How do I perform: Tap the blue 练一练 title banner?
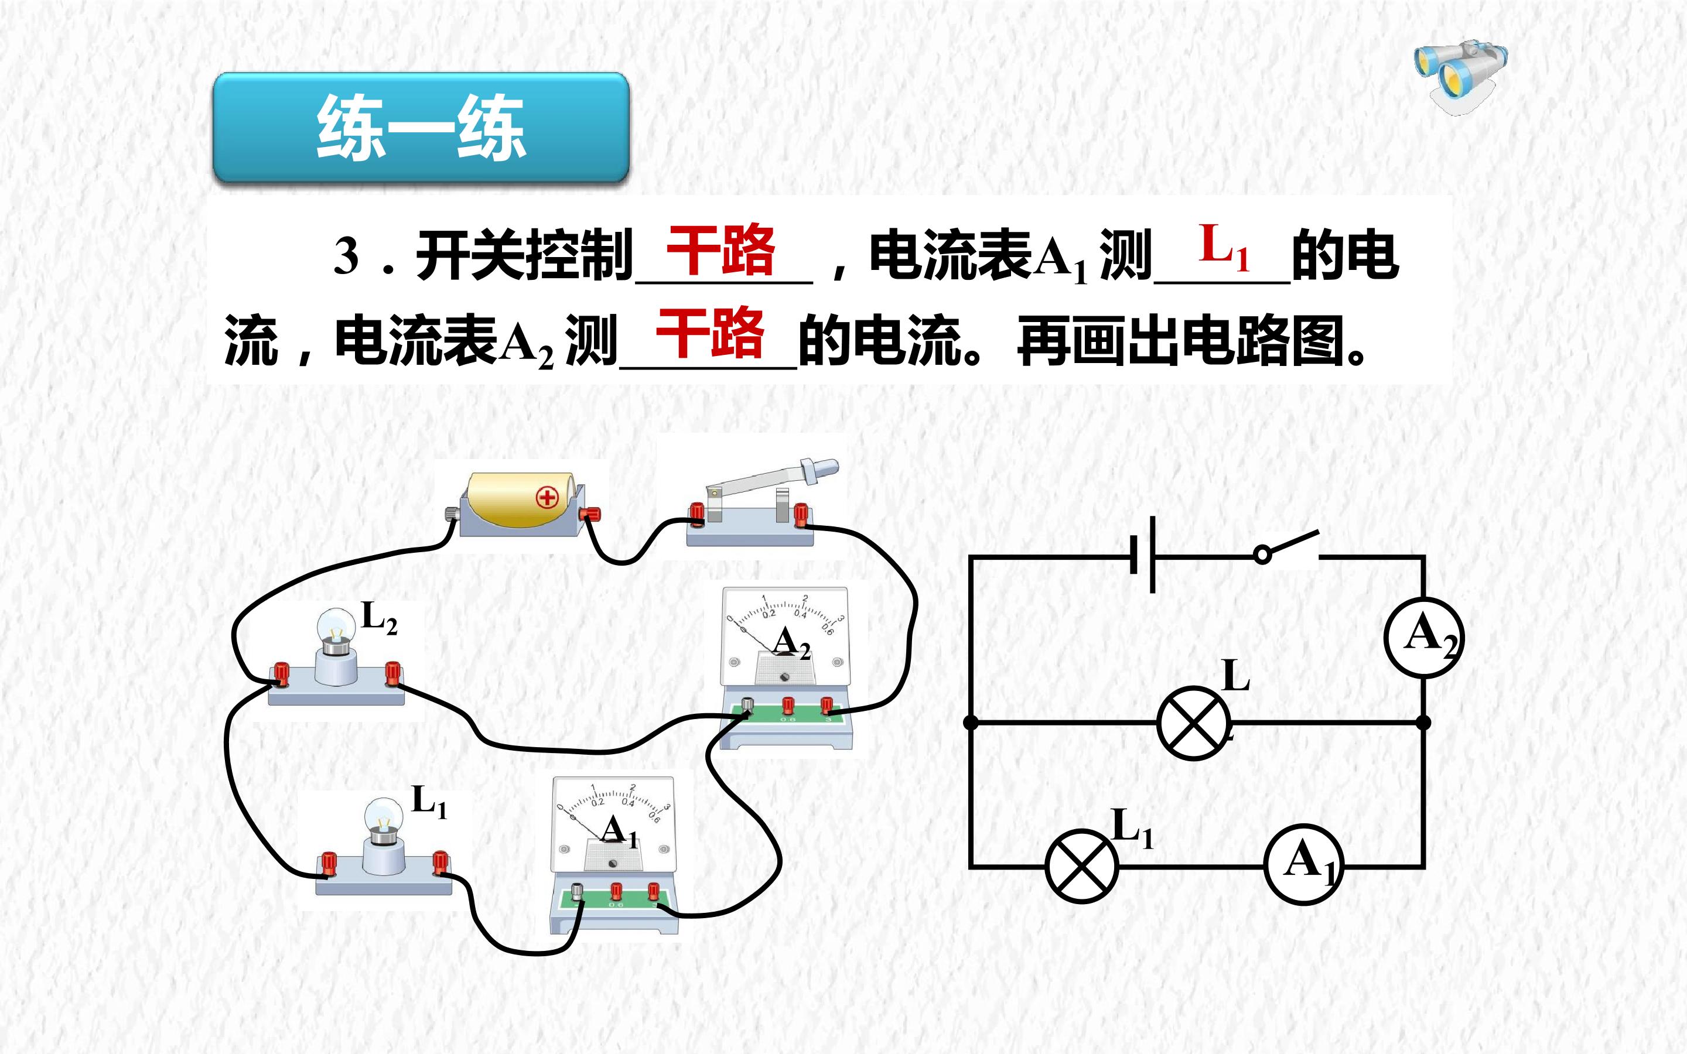coord(421,128)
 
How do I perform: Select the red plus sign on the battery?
coord(547,497)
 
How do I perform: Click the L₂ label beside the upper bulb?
coord(379,618)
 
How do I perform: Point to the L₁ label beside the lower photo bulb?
coord(429,801)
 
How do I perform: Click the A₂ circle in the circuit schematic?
coord(1423,637)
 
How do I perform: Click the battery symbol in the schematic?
coord(1143,555)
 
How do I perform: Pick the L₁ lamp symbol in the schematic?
coord(1082,867)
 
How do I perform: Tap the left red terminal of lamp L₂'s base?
coord(281,673)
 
